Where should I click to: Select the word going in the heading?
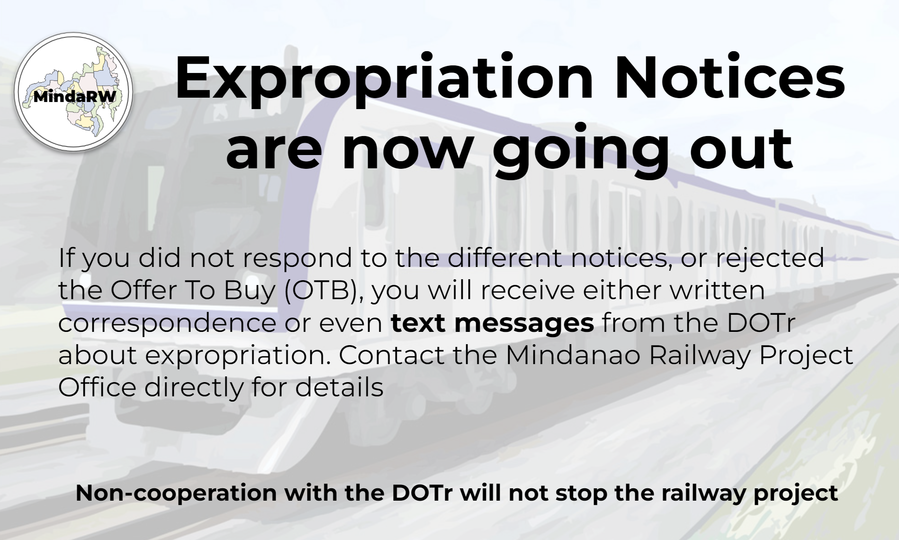(580, 150)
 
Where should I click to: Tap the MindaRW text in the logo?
(75, 97)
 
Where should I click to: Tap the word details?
(339, 387)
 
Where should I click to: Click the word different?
(504, 258)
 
